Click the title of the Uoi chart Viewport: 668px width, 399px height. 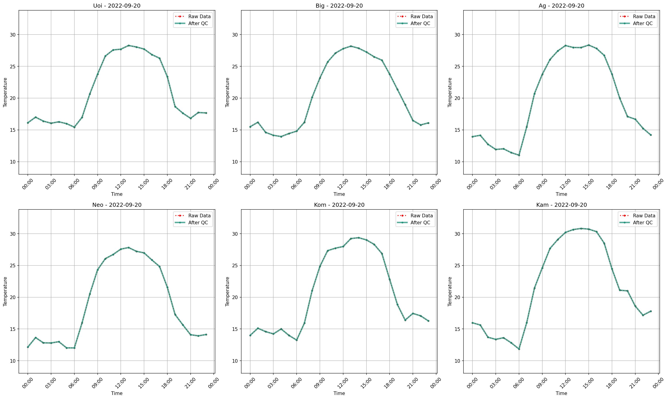117,6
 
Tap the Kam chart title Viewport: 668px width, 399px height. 561,205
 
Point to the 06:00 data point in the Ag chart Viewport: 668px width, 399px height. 519,155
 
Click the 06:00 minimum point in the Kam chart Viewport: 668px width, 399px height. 519,349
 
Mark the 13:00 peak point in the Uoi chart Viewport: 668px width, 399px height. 129,45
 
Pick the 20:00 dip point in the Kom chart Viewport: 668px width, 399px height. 405,320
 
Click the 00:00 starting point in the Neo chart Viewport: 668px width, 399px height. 28,347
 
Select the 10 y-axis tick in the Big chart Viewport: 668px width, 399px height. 235,162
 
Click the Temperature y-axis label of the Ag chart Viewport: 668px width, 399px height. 450,92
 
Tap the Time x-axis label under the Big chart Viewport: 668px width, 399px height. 339,194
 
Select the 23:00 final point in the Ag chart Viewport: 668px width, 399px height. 651,135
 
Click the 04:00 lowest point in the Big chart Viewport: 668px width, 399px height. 281,137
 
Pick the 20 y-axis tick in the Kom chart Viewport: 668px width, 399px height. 235,297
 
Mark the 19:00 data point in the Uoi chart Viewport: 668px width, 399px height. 175,107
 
